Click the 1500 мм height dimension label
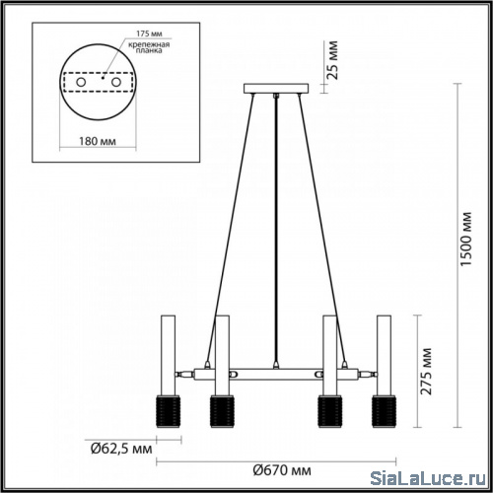[466, 239]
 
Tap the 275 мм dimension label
[426, 372]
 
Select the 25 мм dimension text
[332, 60]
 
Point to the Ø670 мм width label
[282, 470]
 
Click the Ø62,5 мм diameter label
[121, 449]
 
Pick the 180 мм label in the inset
[98, 141]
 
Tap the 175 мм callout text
[150, 34]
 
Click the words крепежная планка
[149, 47]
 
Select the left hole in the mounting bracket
[81, 82]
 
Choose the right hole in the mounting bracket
[116, 82]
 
